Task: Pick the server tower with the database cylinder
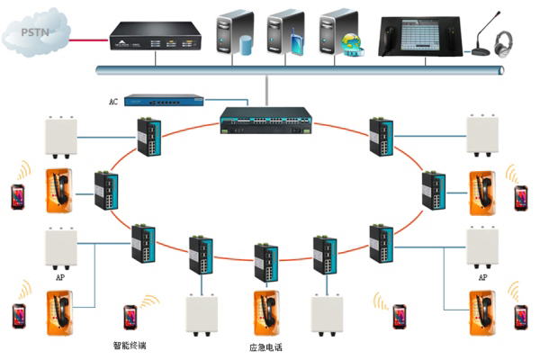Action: [235, 32]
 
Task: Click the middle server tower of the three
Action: [285, 32]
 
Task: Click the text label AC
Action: [113, 102]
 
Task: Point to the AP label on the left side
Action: [60, 278]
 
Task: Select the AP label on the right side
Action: [483, 278]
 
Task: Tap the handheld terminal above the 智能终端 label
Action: [130, 317]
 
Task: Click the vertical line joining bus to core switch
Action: [267, 89]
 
